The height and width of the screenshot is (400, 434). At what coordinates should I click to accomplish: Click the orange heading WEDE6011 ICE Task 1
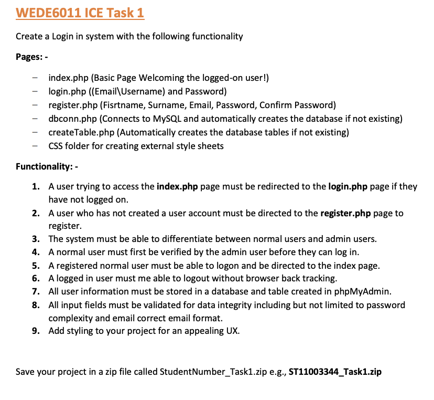point(80,13)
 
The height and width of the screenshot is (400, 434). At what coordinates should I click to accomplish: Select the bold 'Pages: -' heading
point(32,57)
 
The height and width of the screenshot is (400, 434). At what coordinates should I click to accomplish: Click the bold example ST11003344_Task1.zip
point(335,372)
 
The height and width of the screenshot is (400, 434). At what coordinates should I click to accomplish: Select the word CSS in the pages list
point(56,146)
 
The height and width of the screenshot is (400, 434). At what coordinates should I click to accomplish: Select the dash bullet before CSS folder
point(35,146)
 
